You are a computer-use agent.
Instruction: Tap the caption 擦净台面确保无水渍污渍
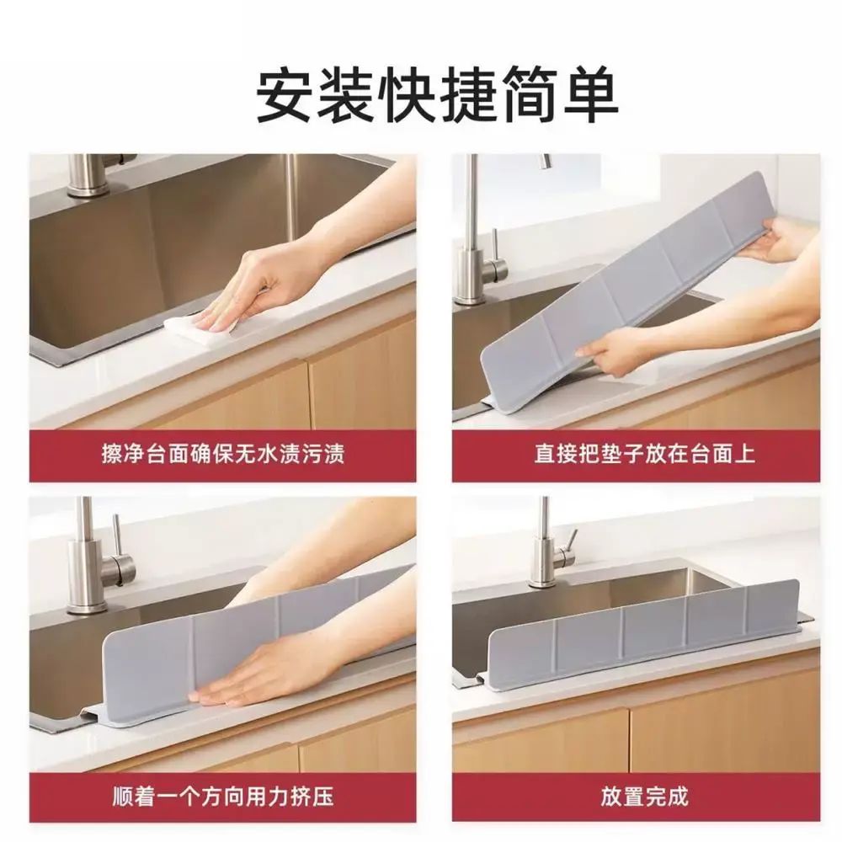223,455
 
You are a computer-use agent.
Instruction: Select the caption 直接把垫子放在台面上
644,455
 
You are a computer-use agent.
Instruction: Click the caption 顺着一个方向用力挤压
223,796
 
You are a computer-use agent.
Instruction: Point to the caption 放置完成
644,796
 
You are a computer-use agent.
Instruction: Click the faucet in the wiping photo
91,174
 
